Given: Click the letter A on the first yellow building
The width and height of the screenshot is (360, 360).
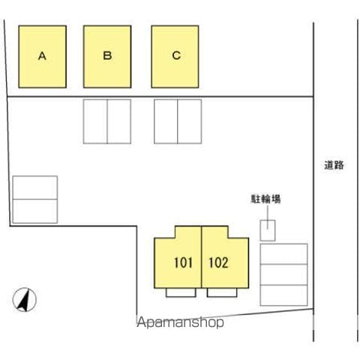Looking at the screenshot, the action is (x=42, y=55).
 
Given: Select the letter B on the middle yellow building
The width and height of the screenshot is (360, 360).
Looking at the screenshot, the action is (x=107, y=55).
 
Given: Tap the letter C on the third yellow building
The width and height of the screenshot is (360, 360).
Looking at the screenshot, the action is (x=176, y=55).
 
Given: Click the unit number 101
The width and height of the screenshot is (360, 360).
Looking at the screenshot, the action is (x=183, y=262).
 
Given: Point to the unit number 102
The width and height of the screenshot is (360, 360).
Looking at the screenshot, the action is (x=218, y=262).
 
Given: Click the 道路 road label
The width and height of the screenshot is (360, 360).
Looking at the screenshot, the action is (x=334, y=165).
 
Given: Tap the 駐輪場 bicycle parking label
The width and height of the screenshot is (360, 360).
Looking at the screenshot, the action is (x=265, y=199).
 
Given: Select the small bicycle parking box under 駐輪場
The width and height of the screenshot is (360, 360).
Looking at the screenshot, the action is (x=268, y=230).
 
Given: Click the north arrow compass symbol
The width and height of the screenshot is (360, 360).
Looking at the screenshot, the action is (x=25, y=300).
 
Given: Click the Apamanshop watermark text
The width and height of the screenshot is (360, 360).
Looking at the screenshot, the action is (x=180, y=322).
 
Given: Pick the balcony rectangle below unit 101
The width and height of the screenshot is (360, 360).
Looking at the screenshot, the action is (x=181, y=292).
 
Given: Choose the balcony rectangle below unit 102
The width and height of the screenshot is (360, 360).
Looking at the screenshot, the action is (x=222, y=292).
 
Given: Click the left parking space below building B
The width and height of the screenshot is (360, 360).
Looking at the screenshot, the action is (x=95, y=121).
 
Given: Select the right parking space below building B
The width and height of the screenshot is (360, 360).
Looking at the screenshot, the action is (x=119, y=121).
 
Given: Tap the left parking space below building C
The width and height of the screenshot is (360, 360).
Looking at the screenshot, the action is (x=166, y=121).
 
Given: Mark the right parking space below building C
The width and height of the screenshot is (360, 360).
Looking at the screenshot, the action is (x=190, y=121).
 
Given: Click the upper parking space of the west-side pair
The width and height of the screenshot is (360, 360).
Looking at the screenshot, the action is (x=35, y=187).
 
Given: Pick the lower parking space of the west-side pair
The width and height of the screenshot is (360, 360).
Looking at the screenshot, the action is (x=35, y=211).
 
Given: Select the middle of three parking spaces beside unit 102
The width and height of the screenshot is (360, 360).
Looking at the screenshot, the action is (x=283, y=274).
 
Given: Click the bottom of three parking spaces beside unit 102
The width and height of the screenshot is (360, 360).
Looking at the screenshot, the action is (x=283, y=295).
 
